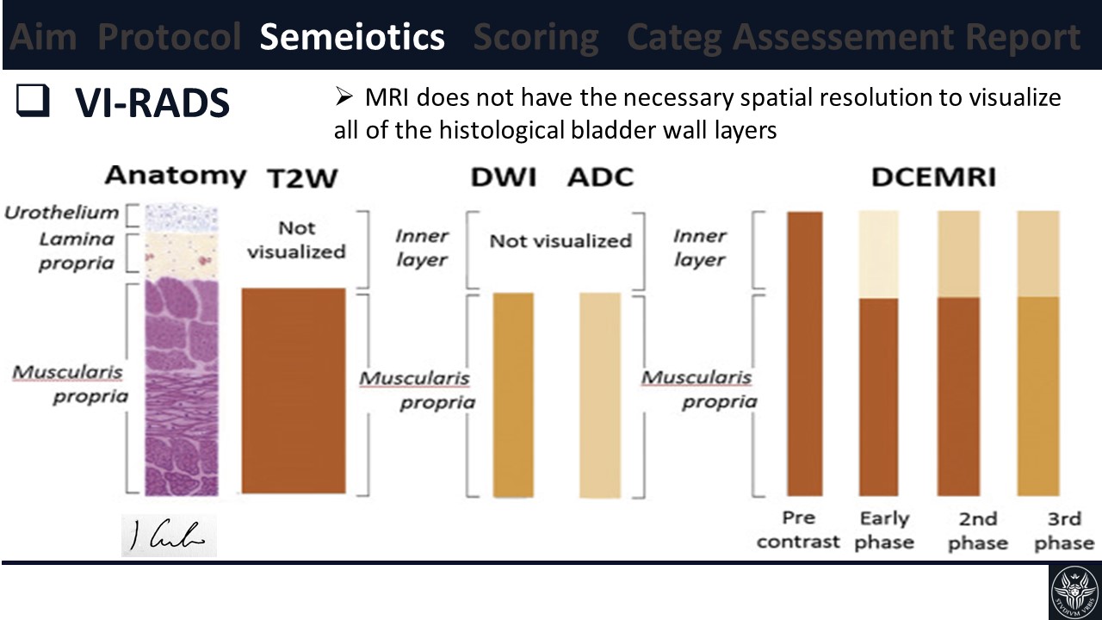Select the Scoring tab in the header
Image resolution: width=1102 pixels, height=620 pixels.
(536, 38)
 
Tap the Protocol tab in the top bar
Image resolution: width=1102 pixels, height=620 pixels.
(170, 38)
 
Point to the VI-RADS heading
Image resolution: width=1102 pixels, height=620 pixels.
(152, 103)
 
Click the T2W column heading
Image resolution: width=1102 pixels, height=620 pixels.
(301, 177)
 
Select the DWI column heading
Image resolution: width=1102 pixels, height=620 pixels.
(503, 177)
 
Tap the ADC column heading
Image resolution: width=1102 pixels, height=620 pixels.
(601, 177)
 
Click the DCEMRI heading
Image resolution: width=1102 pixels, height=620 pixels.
(934, 177)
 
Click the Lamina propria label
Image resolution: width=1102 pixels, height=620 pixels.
(76, 251)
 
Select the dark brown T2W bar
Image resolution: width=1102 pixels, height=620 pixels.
(294, 390)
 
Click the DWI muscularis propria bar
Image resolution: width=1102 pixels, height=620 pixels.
(513, 394)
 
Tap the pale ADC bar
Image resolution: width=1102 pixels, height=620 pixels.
(600, 394)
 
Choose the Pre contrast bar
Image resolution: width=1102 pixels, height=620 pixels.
(805, 353)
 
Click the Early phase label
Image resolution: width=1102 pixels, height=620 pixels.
(884, 530)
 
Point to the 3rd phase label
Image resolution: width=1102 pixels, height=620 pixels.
(1064, 530)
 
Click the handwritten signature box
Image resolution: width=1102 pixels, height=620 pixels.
(169, 536)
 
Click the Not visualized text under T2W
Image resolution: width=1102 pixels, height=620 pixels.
(295, 239)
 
